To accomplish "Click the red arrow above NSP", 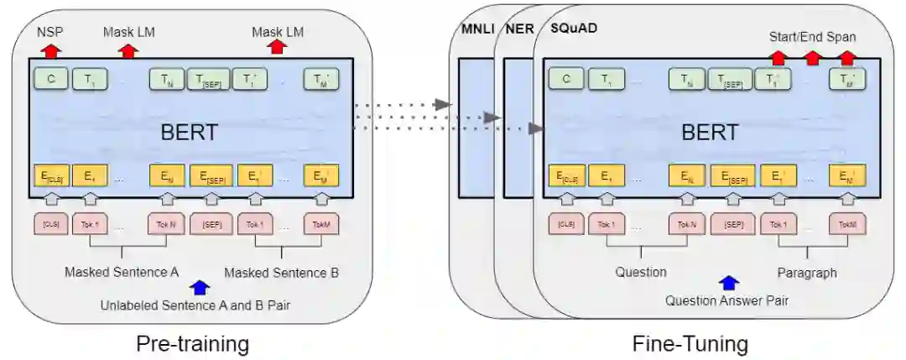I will pos(50,51).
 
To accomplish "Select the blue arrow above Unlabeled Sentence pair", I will pos(199,288).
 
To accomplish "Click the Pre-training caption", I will pos(194,343).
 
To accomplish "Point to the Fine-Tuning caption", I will pos(690,343).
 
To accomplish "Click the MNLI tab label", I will pos(476,30).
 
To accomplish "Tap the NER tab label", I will pos(519,30).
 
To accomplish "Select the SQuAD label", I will pos(574,30).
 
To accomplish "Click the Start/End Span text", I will pos(813,37).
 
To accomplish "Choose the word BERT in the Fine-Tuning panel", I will pos(709,133).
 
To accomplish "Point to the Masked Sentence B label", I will pos(281,273).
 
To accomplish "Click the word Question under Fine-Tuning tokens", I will pos(641,273).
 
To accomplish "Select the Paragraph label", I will pos(806,273).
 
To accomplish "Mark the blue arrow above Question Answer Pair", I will pos(729,284).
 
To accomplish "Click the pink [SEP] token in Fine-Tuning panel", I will pos(732,224).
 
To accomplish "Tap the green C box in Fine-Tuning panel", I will pos(566,80).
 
